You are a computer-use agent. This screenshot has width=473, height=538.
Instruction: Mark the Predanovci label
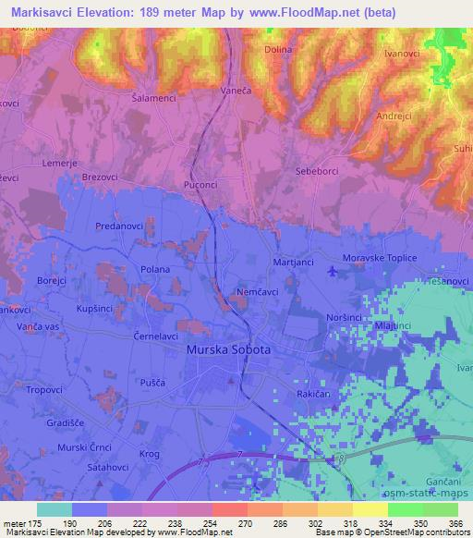119,225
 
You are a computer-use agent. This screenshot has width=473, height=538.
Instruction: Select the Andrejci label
394,116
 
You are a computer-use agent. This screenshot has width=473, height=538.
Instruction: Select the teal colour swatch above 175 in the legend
55,509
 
